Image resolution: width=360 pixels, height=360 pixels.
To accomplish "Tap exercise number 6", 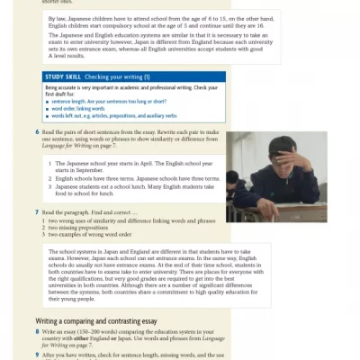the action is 37,132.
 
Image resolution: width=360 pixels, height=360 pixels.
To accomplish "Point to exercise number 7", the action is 37,212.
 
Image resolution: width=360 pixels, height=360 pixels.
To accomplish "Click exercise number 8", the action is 37,332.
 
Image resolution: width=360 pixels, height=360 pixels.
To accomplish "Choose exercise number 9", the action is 37,352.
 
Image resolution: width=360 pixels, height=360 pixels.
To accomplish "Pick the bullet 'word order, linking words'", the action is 81,109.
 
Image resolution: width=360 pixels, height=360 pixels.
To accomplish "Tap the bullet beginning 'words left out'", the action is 108,115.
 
